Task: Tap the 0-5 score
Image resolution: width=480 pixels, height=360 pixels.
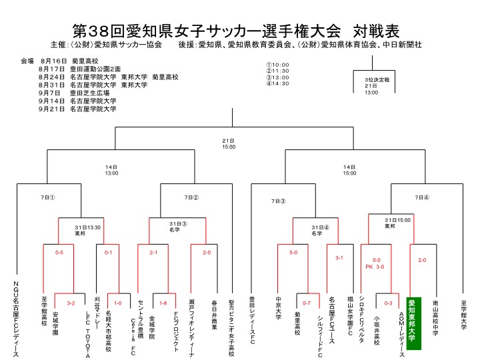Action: click(x=59, y=253)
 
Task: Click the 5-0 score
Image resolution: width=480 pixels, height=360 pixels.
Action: click(x=293, y=253)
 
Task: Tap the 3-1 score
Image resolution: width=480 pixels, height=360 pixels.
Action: click(x=339, y=257)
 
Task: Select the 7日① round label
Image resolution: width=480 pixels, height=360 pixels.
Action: click(x=47, y=197)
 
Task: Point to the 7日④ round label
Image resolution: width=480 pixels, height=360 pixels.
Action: click(x=422, y=197)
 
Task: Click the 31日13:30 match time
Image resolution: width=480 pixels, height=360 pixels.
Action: click(x=88, y=228)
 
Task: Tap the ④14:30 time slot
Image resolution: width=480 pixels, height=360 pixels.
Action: click(x=277, y=83)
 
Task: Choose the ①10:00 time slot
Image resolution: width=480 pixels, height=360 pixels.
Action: click(x=277, y=65)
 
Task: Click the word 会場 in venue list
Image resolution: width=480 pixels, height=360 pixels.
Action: click(x=27, y=61)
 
